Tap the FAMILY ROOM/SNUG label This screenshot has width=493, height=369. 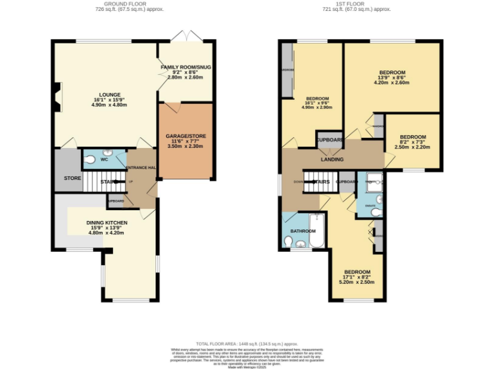186,67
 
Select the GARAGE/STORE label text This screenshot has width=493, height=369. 185,136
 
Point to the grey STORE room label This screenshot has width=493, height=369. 72,177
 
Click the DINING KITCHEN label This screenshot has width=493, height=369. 107,222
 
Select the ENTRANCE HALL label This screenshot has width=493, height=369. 141,167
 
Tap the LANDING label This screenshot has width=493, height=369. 332,160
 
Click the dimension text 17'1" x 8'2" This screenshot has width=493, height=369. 357,277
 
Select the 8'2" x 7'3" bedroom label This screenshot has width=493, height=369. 413,137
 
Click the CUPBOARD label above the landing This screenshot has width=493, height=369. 329,140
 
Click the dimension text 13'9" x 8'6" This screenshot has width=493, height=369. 392,78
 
